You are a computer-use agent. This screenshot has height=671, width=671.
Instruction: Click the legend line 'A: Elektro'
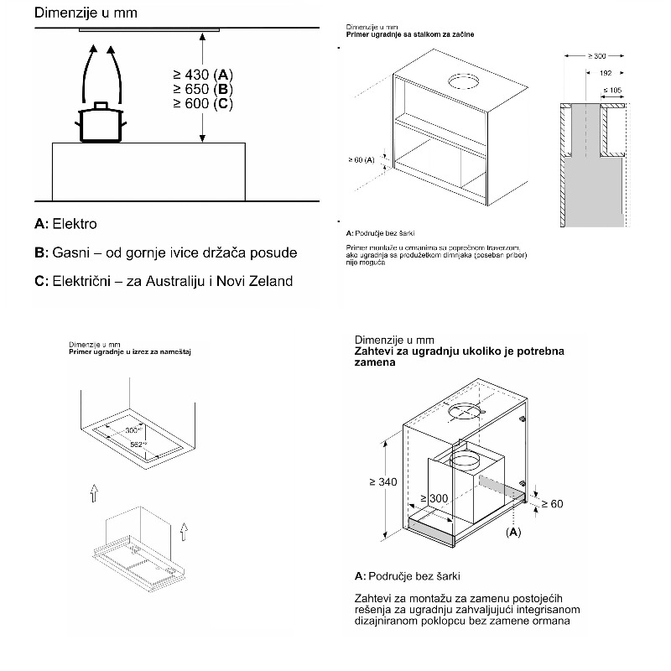[x=66, y=224]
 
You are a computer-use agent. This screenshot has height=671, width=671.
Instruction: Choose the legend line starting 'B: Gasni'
[x=166, y=252]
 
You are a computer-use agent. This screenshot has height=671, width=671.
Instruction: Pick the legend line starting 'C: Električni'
[x=164, y=281]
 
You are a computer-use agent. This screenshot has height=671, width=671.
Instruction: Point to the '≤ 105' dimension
[x=613, y=89]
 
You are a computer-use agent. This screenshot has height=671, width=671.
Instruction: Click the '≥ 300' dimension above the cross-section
[x=597, y=55]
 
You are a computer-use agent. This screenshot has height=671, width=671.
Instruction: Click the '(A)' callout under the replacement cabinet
[x=513, y=532]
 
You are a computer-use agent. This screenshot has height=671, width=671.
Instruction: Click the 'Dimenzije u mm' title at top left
[x=75, y=14]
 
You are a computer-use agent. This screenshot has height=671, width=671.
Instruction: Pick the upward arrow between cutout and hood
[x=95, y=494]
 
